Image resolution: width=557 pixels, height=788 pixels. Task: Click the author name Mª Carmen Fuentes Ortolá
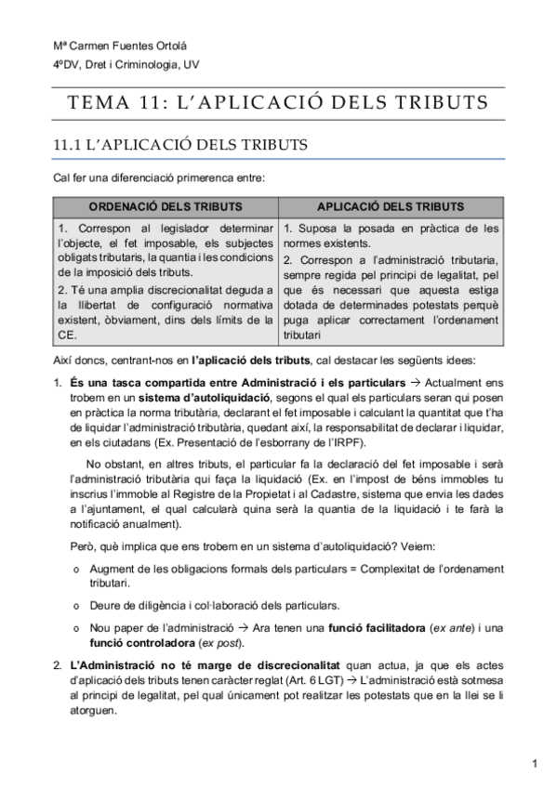[106, 47]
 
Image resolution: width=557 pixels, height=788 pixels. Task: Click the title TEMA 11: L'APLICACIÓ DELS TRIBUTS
[278, 100]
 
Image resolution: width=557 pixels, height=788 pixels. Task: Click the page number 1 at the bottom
[536, 764]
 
